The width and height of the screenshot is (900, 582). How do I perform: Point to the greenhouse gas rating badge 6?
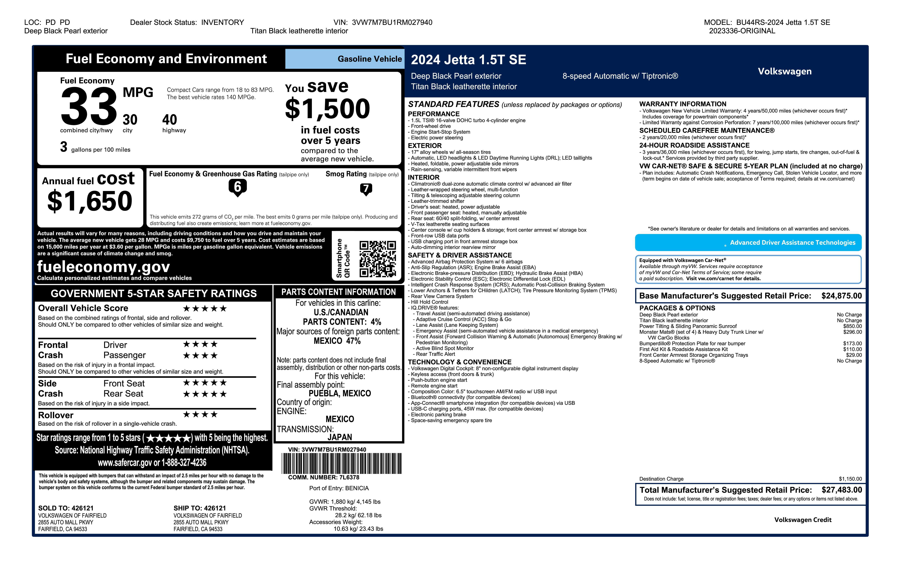[x=238, y=187]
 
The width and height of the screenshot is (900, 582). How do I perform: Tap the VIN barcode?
[x=341, y=463]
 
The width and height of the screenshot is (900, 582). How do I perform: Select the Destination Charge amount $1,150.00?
[x=850, y=479]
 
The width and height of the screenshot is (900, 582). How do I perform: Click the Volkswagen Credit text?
[x=802, y=520]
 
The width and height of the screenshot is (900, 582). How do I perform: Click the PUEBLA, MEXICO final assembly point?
[x=340, y=393]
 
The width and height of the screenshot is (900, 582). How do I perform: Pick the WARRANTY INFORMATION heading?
[x=683, y=104]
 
